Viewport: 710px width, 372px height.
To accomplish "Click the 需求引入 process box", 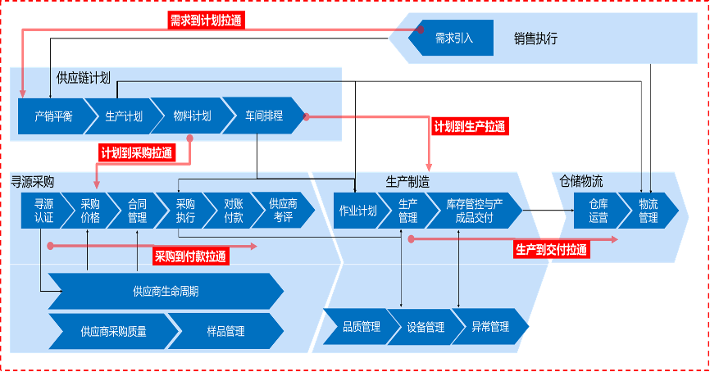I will [x=453, y=38].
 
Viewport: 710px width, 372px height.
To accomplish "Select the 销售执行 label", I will [x=535, y=38].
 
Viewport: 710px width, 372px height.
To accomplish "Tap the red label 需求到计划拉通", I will [x=206, y=19].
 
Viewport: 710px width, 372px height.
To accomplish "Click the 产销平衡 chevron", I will [x=53, y=116].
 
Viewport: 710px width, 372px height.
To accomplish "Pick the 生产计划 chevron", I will [x=124, y=116].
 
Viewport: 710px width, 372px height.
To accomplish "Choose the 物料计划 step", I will [x=192, y=116].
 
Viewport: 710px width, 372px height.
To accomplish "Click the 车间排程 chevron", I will [x=263, y=116].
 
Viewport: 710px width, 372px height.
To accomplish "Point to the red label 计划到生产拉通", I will [x=470, y=126].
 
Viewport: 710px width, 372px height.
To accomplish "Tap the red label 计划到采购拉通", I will [x=136, y=153].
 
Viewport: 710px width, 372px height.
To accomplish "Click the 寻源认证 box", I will [x=43, y=211].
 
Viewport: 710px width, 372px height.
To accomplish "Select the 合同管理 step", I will [x=137, y=211].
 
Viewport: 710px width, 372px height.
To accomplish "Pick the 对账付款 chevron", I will [x=233, y=211].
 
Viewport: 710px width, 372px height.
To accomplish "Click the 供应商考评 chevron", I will [x=283, y=211].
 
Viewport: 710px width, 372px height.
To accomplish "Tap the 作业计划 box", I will [x=357, y=211].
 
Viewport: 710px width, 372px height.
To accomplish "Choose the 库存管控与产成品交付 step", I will [x=474, y=211].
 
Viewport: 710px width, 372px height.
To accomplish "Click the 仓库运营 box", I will [x=598, y=211].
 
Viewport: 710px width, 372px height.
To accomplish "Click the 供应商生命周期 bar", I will [x=165, y=292].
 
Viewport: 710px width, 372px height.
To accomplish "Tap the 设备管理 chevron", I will [x=426, y=327].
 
